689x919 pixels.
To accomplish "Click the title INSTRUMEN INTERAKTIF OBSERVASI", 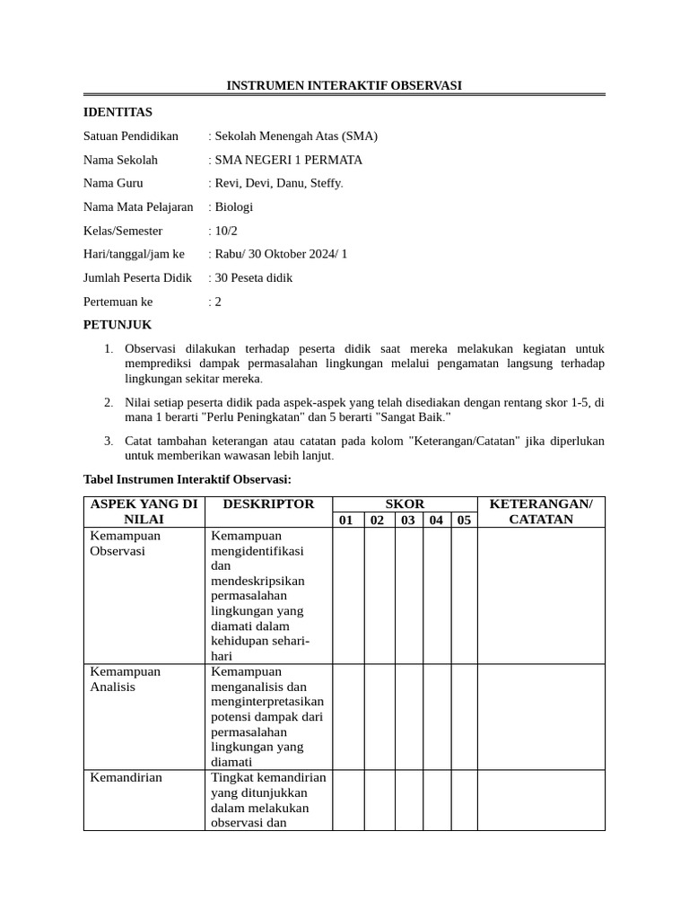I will (x=344, y=86).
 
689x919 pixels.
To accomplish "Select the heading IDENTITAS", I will (x=118, y=112).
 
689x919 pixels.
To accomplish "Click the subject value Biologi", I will (x=234, y=206).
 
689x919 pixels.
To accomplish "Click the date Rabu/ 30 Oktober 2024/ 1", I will (x=281, y=254).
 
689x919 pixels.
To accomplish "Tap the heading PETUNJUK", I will (x=118, y=325).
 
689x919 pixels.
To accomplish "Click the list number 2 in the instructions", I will (x=108, y=403).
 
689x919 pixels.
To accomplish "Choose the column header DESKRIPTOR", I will (x=268, y=504).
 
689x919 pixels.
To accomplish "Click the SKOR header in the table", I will (x=405, y=504).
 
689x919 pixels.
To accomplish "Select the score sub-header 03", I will (x=408, y=520).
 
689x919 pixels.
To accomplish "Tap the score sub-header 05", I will (x=463, y=520).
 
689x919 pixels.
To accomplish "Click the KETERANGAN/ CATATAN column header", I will (x=541, y=512).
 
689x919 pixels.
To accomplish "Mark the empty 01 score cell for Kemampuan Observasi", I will (x=348, y=595).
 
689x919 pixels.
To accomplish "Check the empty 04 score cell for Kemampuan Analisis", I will (x=436, y=716).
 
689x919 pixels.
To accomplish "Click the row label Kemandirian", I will (x=126, y=777).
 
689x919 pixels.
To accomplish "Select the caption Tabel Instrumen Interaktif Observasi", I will (x=188, y=480).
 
